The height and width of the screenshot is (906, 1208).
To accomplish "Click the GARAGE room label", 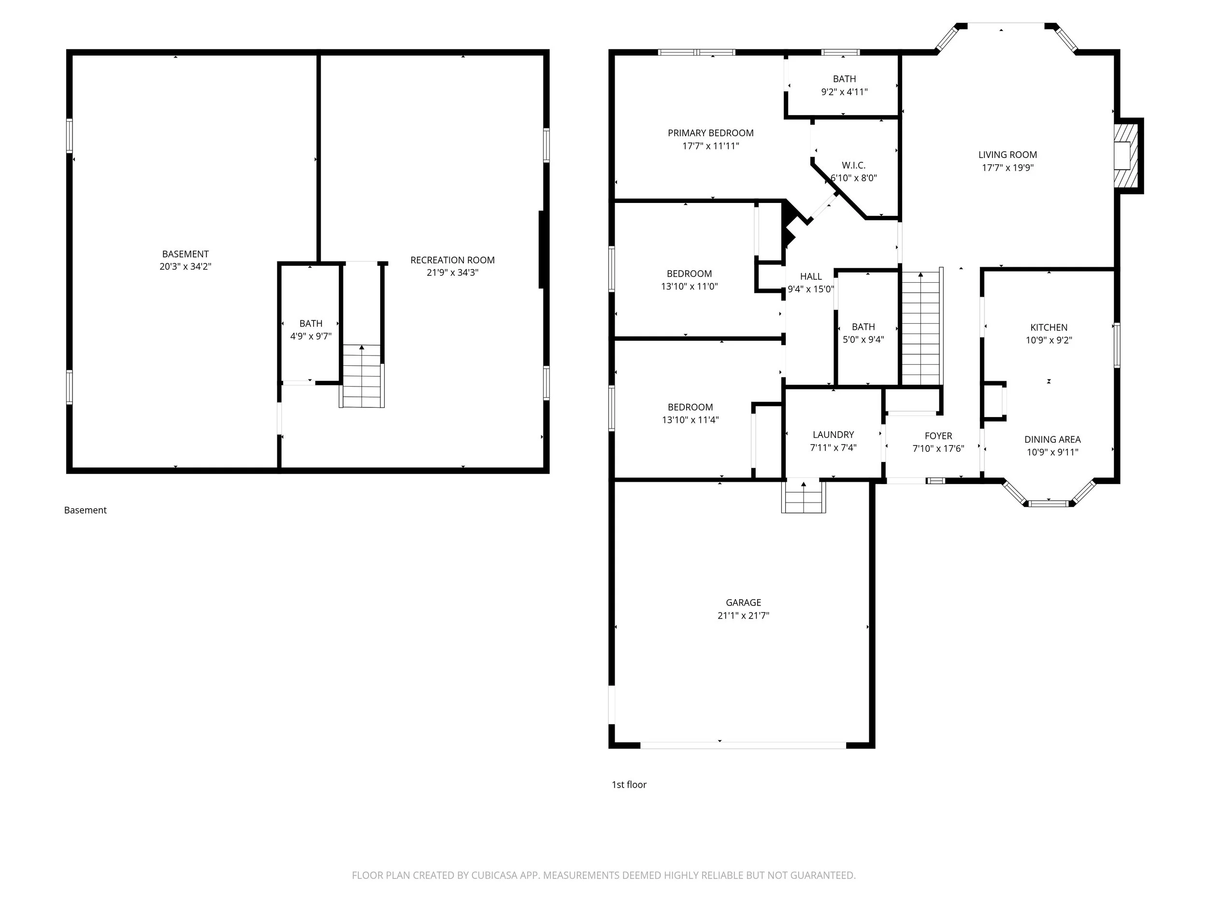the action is (743, 603).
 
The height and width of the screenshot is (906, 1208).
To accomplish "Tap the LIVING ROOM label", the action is (1007, 155).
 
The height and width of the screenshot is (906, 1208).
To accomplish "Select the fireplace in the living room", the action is (1126, 156).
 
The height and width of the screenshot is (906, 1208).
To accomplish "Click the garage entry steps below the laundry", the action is (804, 497).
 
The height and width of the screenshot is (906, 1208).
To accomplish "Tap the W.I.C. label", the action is (854, 165).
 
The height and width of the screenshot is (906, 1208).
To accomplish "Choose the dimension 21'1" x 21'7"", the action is (743, 616).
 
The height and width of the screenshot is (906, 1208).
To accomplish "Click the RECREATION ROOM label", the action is (453, 260).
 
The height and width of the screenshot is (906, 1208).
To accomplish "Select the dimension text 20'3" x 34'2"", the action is (185, 267).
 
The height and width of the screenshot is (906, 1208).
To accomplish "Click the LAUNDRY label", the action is (834, 435).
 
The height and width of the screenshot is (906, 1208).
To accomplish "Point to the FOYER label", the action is (938, 436).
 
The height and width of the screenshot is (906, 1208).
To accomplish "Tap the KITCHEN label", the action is (1049, 327).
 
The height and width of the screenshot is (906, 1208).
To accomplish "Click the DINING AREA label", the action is (1052, 439).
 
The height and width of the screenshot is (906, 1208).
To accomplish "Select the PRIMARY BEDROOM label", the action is (710, 133).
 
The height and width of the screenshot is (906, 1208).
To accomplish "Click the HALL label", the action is (811, 276).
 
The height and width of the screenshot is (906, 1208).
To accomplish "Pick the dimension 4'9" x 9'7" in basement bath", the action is (311, 336).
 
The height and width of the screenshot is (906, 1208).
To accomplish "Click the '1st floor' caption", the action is (629, 784).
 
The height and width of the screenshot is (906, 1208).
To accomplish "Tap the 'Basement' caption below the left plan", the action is (85, 510).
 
